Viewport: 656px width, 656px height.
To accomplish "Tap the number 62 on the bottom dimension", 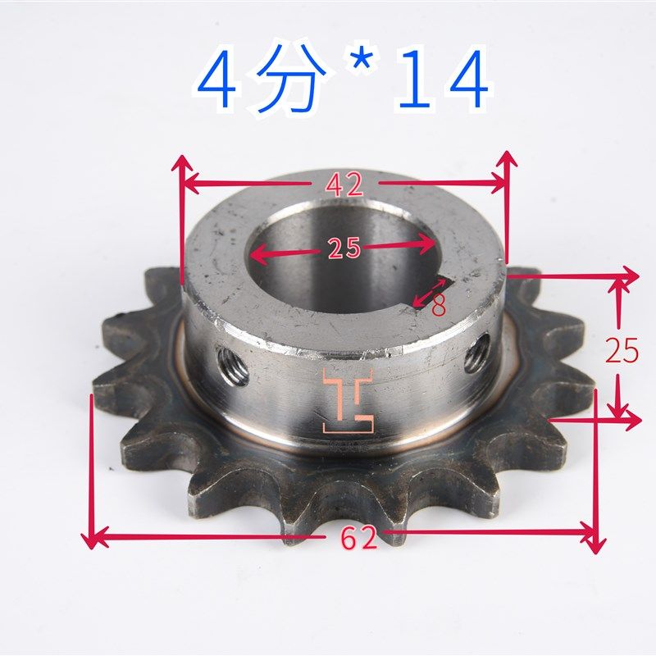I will tap(358, 539).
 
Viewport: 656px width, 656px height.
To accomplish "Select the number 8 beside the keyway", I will tap(440, 306).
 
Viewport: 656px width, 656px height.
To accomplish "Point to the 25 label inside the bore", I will tap(344, 248).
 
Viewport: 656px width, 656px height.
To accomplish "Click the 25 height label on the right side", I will tap(622, 351).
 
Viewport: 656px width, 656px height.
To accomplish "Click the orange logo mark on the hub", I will tap(348, 400).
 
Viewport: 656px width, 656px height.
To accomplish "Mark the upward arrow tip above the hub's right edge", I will tap(508, 155).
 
